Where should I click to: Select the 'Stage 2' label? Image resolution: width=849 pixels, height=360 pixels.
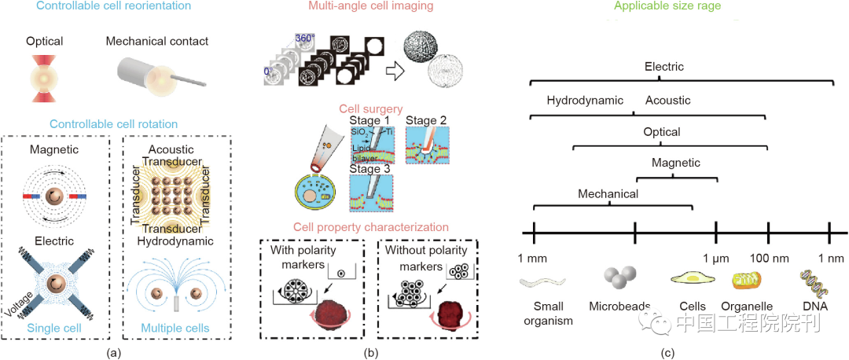point(427,120)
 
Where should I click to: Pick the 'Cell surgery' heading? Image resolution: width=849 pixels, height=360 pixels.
point(371,109)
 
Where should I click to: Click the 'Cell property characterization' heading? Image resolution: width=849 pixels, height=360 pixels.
point(371,228)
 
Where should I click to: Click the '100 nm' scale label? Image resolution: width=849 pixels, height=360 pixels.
point(769,258)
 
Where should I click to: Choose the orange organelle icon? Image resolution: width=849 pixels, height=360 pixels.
point(746,281)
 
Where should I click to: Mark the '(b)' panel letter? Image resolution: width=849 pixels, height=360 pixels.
point(371,352)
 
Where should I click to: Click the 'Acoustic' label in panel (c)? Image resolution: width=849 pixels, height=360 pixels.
point(668,101)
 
